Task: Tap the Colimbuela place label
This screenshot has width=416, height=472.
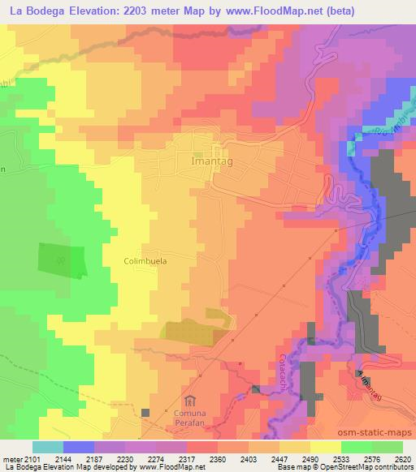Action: [x=145, y=262]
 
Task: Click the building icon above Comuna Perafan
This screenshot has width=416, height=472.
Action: [x=190, y=401]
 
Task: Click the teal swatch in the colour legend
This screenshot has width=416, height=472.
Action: [x=48, y=447]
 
